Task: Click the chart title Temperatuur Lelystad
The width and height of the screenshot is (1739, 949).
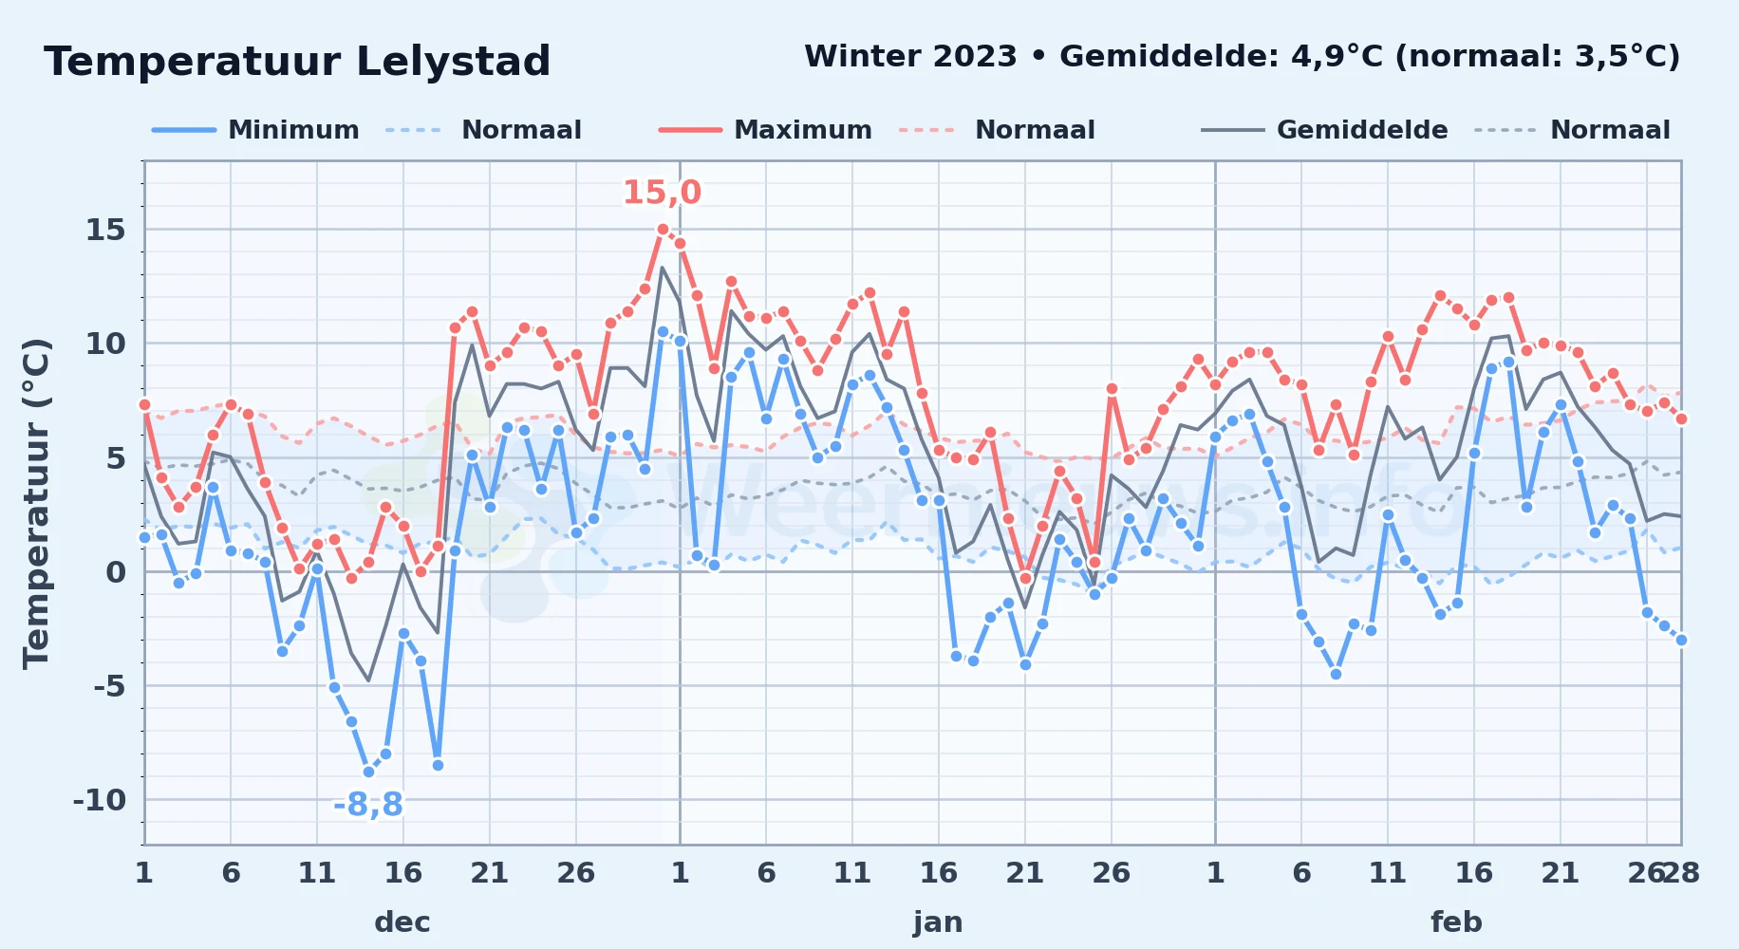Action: tap(297, 62)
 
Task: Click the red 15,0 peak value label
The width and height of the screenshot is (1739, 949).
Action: tap(662, 193)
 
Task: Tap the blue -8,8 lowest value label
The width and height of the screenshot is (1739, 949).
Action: tap(367, 805)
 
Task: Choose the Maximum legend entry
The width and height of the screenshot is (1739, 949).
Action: tap(765, 130)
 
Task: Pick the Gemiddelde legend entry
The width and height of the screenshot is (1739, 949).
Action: tap(1324, 130)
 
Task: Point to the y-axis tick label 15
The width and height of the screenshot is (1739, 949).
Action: tap(105, 230)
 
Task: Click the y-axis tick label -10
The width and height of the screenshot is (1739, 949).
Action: tap(100, 800)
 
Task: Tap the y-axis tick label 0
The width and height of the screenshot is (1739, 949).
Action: tap(116, 572)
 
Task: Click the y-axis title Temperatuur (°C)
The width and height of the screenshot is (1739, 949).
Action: tap(37, 503)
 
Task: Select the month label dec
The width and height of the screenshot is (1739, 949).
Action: tap(402, 921)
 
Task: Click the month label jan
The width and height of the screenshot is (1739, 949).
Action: tap(938, 921)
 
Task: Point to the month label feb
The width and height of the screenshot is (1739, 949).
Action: tap(1456, 921)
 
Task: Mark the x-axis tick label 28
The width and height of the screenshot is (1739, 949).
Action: tap(1680, 872)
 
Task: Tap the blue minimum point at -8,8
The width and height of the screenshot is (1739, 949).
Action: tap(368, 772)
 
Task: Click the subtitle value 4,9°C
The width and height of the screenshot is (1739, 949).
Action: tap(1337, 57)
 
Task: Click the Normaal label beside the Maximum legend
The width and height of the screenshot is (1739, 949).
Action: tap(1035, 130)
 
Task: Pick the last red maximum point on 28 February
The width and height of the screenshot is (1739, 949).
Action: tap(1681, 419)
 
